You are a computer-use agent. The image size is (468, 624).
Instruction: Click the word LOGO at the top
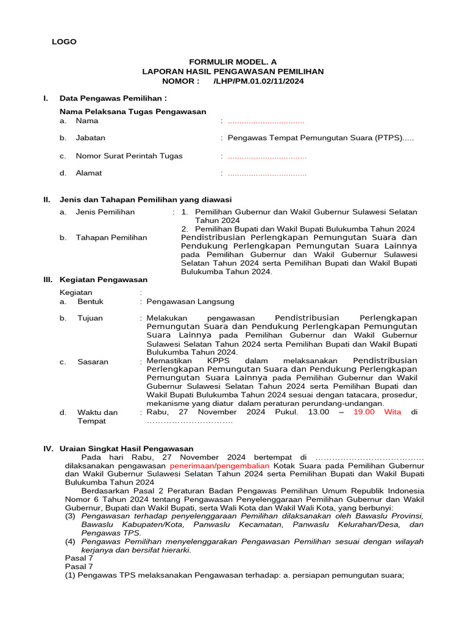pyautogui.click(x=64, y=41)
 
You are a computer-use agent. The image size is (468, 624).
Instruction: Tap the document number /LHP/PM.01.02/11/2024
pyautogui.click(x=258, y=81)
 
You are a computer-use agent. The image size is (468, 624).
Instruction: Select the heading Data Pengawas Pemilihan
pyautogui.click(x=113, y=98)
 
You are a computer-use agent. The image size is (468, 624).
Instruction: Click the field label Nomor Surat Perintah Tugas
pyautogui.click(x=129, y=156)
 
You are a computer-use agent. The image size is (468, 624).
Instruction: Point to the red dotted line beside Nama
pyautogui.click(x=266, y=121)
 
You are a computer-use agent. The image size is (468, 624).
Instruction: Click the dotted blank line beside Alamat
pyautogui.click(x=267, y=173)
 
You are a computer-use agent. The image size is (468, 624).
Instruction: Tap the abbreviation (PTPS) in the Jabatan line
pyautogui.click(x=386, y=138)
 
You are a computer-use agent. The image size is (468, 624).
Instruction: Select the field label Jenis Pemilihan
pyautogui.click(x=105, y=212)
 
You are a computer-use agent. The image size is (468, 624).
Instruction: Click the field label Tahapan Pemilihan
pyautogui.click(x=111, y=238)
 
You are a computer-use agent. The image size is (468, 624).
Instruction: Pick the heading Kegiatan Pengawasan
pyautogui.click(x=104, y=280)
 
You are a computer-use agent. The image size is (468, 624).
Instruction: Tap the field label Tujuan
pyautogui.click(x=90, y=318)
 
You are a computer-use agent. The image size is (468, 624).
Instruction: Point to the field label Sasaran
pyautogui.click(x=93, y=362)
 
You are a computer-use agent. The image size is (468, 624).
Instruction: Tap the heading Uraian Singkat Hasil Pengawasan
pyautogui.click(x=126, y=448)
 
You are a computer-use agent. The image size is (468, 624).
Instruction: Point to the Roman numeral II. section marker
pyautogui.click(x=46, y=200)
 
